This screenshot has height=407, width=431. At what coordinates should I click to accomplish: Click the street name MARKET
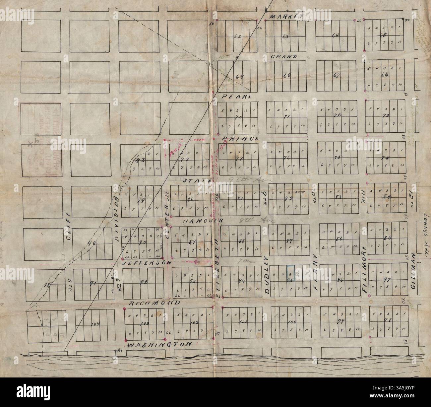[x=286, y=17]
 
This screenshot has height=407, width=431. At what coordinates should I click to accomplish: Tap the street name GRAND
[x=283, y=57]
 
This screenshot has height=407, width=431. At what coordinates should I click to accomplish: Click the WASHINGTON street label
[x=160, y=345]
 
